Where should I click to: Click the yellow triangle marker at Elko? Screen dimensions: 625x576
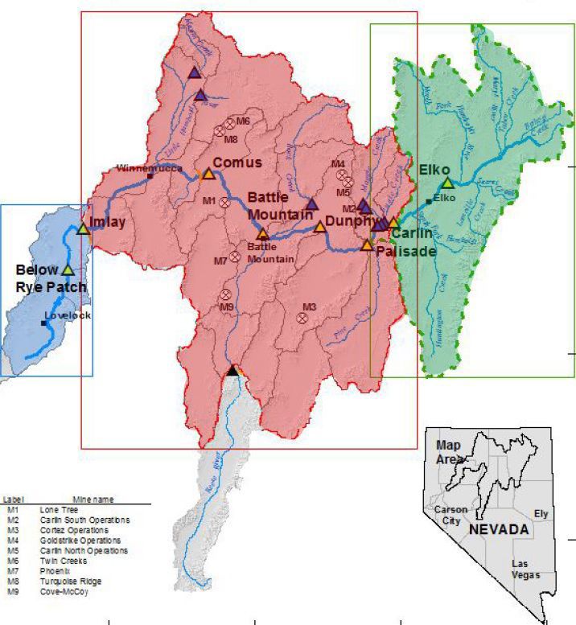tap(447, 183)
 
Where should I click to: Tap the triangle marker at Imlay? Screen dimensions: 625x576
tap(83, 229)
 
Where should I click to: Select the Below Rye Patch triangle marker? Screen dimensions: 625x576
tap(68, 269)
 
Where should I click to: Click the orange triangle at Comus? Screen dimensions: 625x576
tap(208, 174)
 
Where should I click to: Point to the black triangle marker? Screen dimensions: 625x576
tap(232, 370)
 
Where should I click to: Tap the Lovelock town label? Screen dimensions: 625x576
tap(68, 315)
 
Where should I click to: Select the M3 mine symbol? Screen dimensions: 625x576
tap(302, 318)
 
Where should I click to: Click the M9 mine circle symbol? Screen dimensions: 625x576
tap(226, 294)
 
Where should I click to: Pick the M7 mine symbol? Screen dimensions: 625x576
tap(234, 257)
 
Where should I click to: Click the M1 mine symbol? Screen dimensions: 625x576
tap(224, 201)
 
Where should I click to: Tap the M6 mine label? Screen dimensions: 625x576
tap(243, 121)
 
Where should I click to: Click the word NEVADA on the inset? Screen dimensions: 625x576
tap(499, 530)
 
